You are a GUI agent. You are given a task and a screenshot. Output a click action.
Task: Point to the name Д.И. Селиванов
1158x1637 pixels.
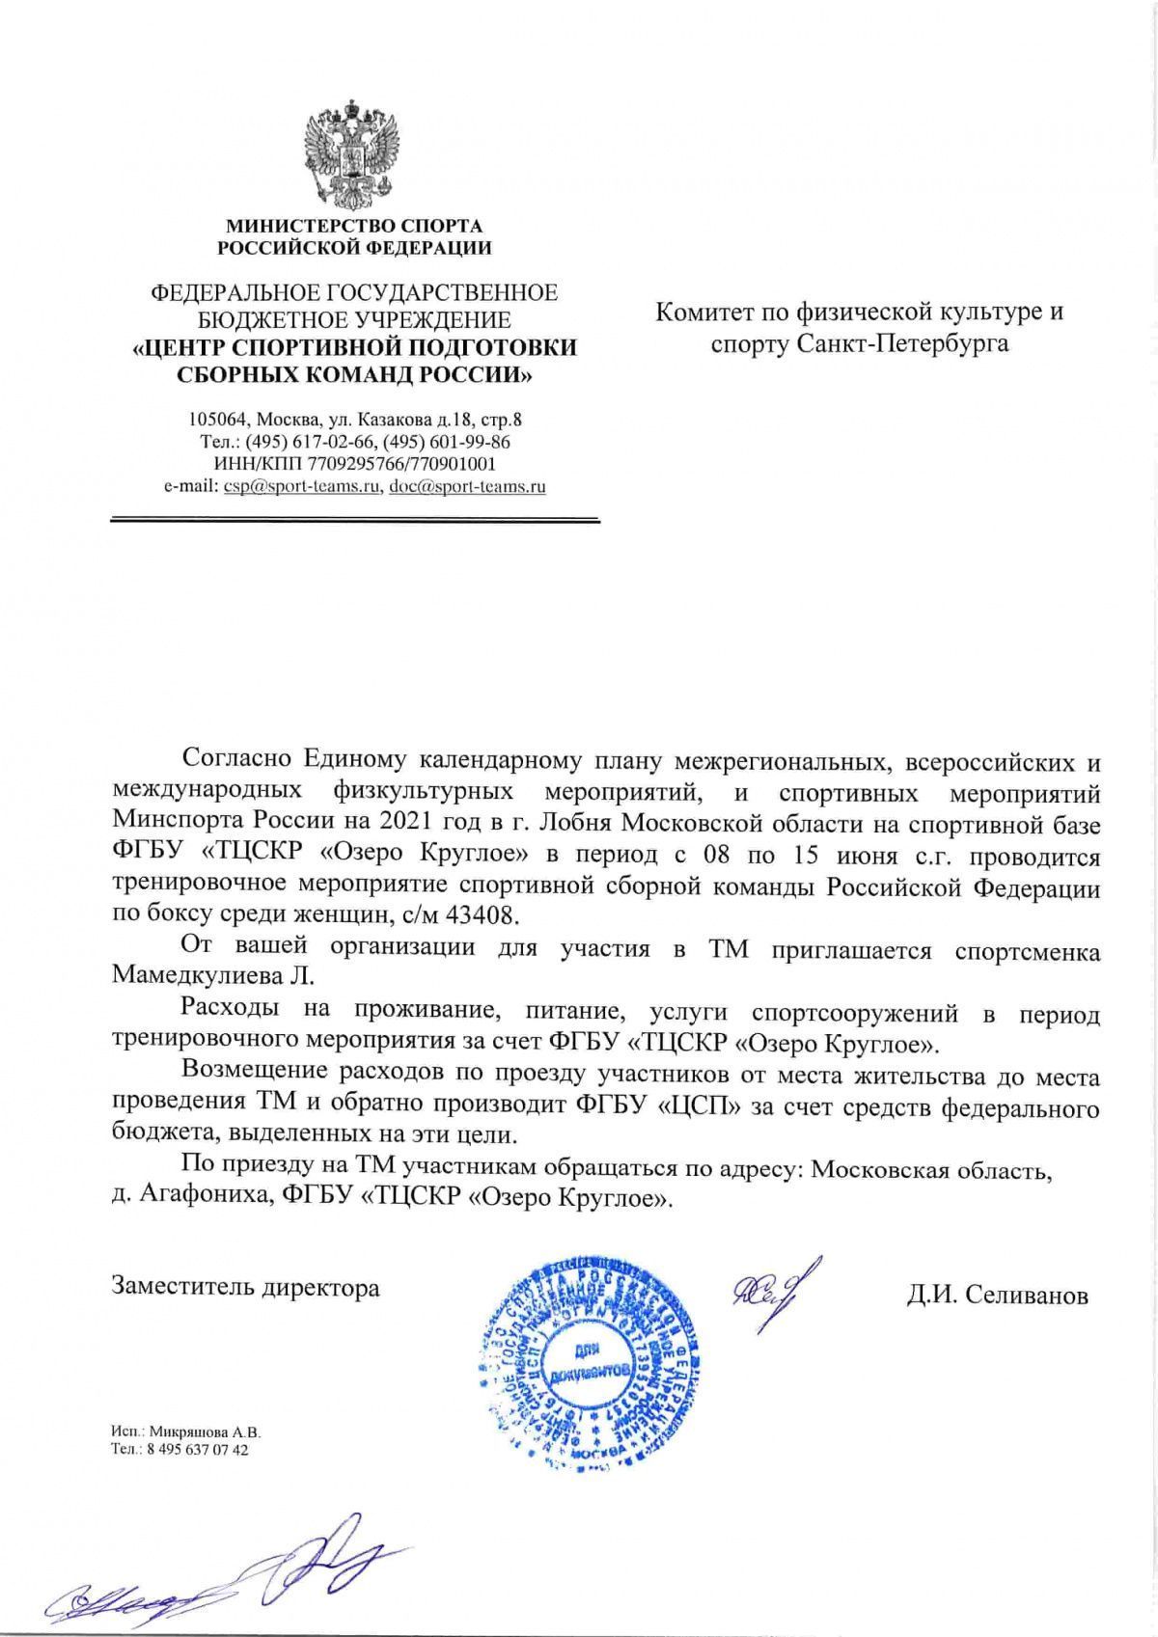pos(997,1295)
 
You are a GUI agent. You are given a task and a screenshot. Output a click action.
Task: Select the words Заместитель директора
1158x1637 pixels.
pos(246,1287)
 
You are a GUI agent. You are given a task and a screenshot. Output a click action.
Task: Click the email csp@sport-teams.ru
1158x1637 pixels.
pos(300,486)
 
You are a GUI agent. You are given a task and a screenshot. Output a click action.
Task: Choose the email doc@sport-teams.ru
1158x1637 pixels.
pos(466,486)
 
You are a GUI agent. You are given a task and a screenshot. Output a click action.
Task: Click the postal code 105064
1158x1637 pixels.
pos(216,421)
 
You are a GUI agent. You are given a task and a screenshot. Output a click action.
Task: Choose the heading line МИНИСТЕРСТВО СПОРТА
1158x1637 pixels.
pos(353,227)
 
